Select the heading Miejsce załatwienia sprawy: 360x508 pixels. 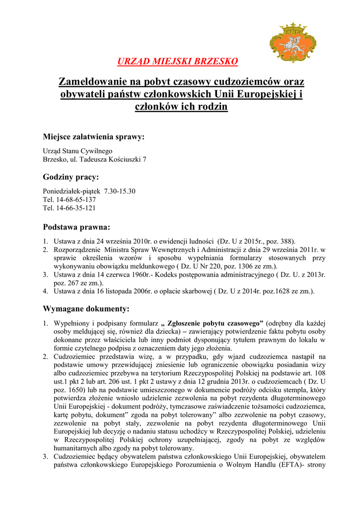(x=93, y=136)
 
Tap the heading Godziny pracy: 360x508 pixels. (x=71, y=177)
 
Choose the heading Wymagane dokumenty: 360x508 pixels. (x=86, y=309)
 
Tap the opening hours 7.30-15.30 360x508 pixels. (x=120, y=191)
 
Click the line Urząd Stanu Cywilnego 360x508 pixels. (x=77, y=151)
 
